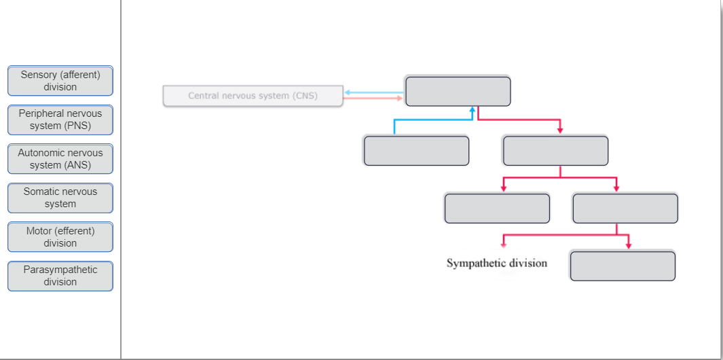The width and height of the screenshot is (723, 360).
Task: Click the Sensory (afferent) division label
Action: point(60,81)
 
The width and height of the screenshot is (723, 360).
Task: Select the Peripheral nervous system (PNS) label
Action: point(60,120)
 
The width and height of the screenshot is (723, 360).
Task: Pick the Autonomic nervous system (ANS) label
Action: point(60,159)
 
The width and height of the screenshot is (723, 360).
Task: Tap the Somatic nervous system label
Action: point(60,198)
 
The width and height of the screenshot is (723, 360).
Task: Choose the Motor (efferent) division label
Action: point(60,237)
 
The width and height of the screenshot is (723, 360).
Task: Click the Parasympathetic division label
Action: point(60,276)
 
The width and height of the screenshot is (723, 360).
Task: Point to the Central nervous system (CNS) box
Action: point(253,96)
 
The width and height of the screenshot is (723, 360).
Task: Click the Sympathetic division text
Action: point(497,263)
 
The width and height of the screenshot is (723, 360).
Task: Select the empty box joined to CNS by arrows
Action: point(458,92)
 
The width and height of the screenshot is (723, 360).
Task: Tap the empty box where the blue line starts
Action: point(416,151)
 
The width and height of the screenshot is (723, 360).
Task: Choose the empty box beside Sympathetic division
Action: point(623,266)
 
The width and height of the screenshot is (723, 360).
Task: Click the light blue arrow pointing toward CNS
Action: point(374,92)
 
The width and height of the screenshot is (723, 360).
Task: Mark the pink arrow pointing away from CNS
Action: point(373,98)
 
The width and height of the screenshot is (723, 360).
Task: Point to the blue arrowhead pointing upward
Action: point(472,110)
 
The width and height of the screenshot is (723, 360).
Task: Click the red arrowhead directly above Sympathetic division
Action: point(504,245)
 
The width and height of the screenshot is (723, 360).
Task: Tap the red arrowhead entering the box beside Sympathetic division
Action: point(629,245)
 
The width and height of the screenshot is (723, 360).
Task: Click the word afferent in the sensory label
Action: point(80,75)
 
